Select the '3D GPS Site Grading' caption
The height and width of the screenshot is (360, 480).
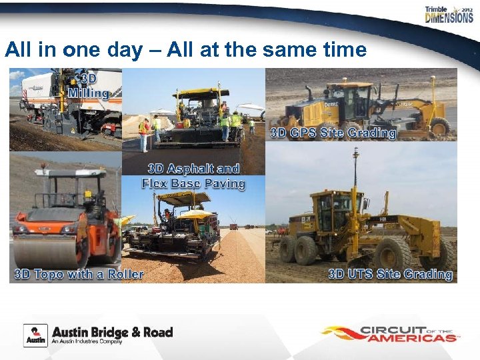point(333,133)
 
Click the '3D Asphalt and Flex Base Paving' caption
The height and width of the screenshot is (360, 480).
point(193,176)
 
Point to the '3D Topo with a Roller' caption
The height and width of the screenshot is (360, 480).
point(79,274)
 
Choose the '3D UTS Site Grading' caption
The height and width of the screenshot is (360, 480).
point(390,274)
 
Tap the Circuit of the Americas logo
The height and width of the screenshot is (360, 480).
point(389,333)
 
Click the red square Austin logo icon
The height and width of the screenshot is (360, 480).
point(35,335)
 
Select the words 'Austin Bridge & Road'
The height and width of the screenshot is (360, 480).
point(112,331)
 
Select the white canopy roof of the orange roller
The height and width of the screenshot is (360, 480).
point(67,171)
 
